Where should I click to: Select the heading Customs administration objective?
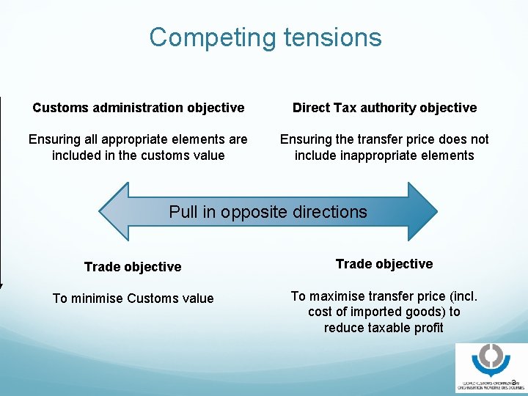[x=138, y=108]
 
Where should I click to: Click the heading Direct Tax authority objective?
[x=384, y=108]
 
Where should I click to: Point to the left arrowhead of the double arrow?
[x=115, y=212]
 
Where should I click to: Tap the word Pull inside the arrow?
[x=183, y=212]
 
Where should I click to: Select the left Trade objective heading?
[x=133, y=267]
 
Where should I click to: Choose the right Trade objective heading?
[x=384, y=264]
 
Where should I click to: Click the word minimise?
[x=97, y=298]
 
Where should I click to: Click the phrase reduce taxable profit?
[x=384, y=328]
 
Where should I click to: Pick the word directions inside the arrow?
[x=331, y=212]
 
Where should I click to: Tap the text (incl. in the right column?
[x=461, y=296]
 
